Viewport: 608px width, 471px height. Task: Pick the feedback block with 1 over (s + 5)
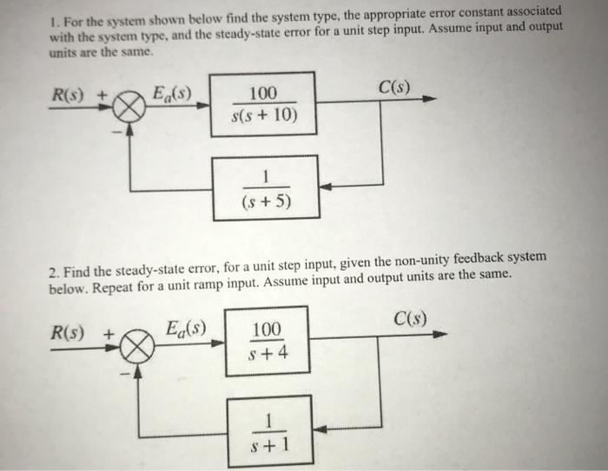point(265,187)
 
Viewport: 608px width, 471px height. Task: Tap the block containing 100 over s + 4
point(267,341)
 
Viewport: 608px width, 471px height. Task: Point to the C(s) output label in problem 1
point(395,87)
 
